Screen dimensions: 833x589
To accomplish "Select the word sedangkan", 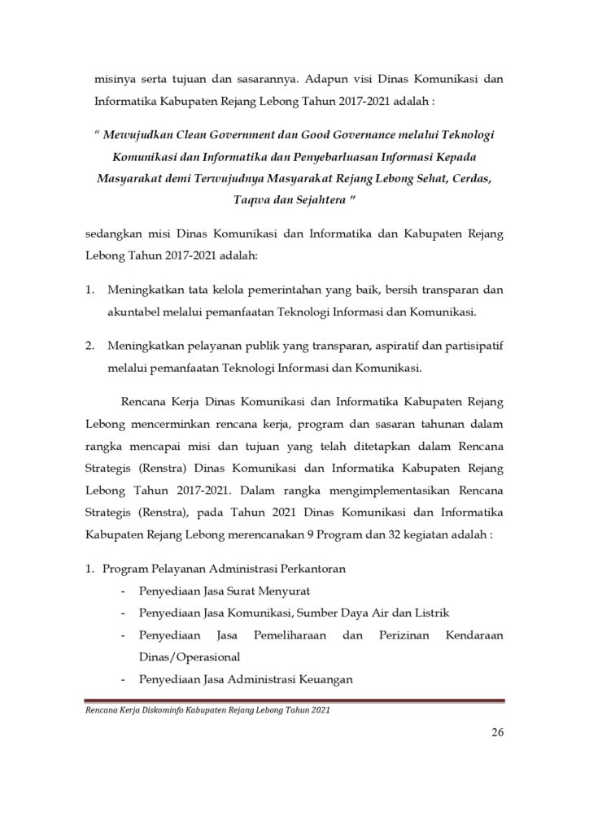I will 113,234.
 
